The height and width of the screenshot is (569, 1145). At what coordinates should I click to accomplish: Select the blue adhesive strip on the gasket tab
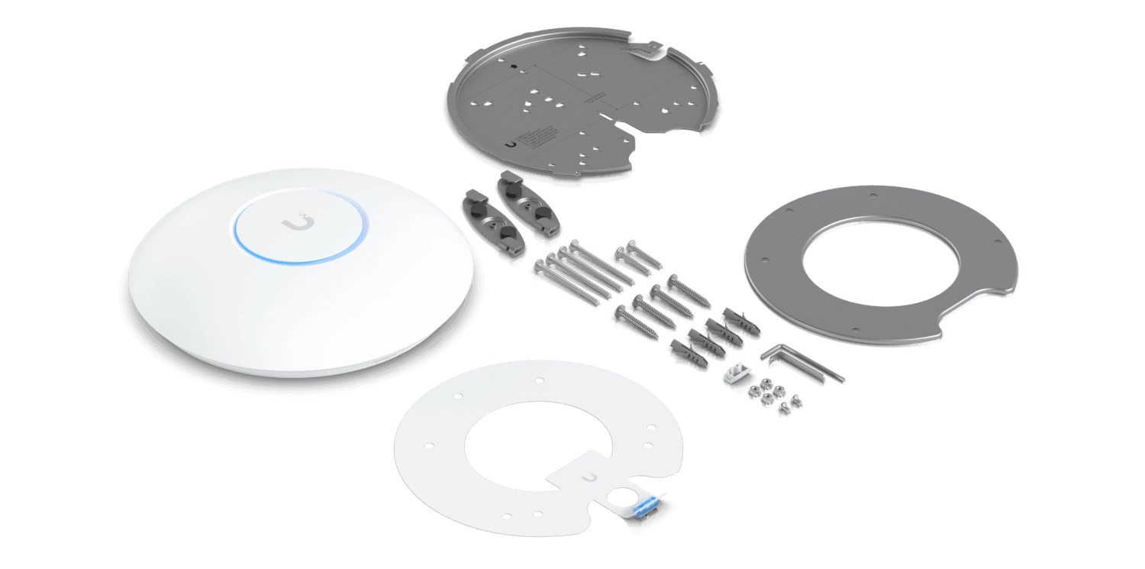coord(645,501)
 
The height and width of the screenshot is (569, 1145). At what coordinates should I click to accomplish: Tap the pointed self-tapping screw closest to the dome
coord(634,320)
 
